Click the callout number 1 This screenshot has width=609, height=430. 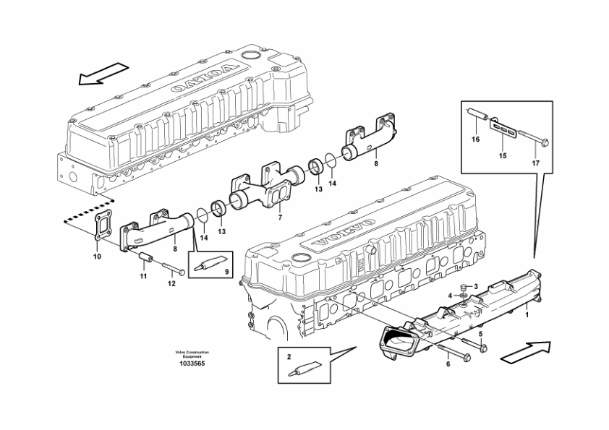tap(527, 313)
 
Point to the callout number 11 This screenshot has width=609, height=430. tap(142, 277)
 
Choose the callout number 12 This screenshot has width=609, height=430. tap(171, 283)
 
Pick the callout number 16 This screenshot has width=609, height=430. tap(476, 138)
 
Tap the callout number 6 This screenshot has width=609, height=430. tap(448, 364)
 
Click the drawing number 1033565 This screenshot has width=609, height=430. tap(192, 364)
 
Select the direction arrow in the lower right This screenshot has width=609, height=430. tap(526, 350)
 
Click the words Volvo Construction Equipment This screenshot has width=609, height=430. tap(192, 354)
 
